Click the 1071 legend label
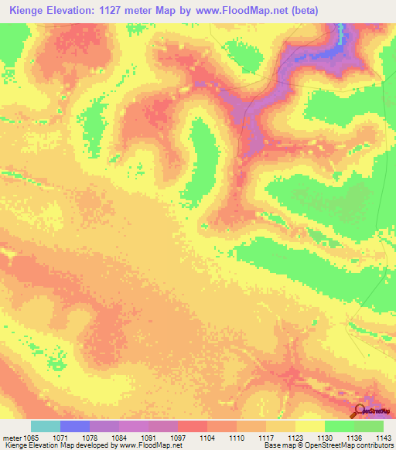60,437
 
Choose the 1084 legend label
119,437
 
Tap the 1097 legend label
177,437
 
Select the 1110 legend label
236,437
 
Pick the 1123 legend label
295,437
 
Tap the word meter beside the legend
12,437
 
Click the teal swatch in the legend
46,426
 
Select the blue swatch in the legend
75,426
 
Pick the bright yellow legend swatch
309,426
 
